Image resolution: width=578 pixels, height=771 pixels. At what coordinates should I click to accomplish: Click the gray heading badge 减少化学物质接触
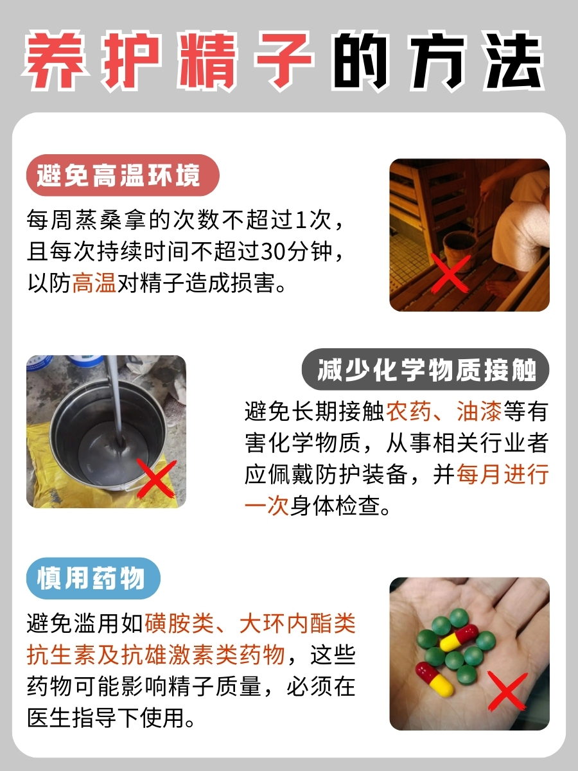427,371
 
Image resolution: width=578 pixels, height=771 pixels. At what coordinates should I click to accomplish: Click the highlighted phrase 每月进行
502,475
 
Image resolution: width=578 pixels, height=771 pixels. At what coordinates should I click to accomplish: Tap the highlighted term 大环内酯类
297,623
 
